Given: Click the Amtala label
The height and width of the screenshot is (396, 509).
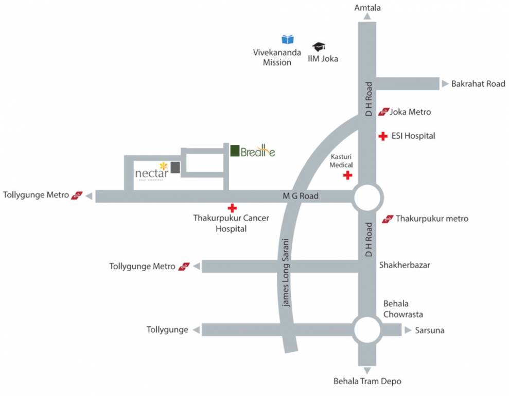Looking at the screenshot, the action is click(x=367, y=7).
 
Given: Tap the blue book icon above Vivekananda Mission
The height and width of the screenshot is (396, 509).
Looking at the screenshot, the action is click(x=288, y=39).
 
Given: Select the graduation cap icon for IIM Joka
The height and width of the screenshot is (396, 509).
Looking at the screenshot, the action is click(x=319, y=47).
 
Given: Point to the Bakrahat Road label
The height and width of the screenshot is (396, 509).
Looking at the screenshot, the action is click(x=478, y=84).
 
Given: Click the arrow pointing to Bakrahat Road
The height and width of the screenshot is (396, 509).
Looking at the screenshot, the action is click(x=445, y=84).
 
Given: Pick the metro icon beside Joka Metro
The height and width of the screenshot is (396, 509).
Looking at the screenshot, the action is click(x=383, y=112).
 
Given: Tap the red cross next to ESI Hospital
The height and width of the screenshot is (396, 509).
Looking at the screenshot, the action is click(x=383, y=136).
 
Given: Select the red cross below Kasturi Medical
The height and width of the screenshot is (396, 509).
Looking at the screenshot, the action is click(x=348, y=175).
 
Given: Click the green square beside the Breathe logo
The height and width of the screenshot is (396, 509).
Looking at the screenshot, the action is click(x=235, y=151).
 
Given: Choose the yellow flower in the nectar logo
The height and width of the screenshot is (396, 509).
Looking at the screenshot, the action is click(x=163, y=166).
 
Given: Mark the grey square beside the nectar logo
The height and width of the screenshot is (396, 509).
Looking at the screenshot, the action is click(x=175, y=168).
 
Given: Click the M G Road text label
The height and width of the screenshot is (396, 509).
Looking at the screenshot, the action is click(x=301, y=196).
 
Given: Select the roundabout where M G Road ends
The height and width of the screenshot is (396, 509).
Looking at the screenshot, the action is click(x=367, y=198).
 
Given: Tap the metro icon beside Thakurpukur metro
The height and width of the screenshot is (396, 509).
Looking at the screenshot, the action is click(x=388, y=219).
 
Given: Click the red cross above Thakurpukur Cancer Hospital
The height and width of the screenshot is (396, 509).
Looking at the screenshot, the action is click(x=232, y=208).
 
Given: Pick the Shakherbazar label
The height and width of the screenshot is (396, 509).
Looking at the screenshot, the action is click(x=405, y=266).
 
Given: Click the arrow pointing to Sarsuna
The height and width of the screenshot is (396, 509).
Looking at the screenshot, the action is click(x=408, y=330).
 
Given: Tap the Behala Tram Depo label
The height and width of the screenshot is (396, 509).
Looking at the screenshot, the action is click(x=367, y=382).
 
